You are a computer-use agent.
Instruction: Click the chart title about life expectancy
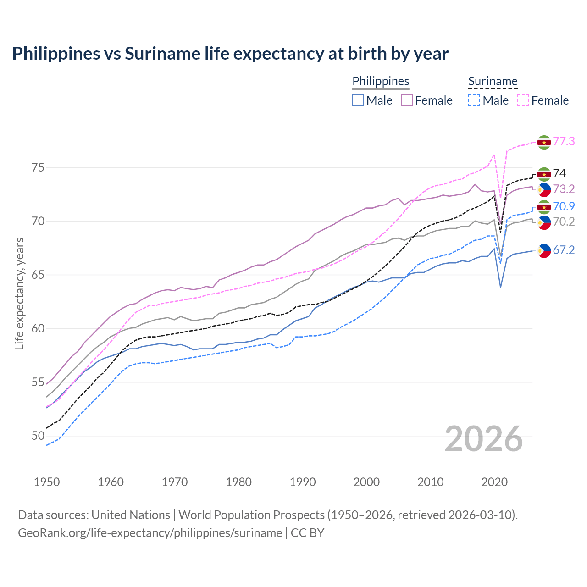(230, 54)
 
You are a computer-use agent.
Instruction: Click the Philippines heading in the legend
(381, 81)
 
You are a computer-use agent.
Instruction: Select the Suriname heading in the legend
(493, 81)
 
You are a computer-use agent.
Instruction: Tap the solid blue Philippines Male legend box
(358, 100)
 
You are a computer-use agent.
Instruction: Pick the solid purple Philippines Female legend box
(407, 100)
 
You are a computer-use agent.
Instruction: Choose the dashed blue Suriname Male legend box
(474, 100)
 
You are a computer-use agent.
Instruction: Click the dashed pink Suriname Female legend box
(523, 100)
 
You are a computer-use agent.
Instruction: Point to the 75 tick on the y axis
(38, 167)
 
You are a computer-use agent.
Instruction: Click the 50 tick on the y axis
(38, 436)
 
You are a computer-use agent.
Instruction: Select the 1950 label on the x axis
(47, 482)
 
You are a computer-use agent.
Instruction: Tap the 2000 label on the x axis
(366, 482)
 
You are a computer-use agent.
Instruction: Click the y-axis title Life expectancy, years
(20, 293)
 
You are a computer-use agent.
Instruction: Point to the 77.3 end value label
(564, 141)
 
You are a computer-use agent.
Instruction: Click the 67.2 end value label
(564, 250)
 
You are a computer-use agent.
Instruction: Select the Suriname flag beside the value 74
(544, 174)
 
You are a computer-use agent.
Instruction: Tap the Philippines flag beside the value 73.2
(544, 190)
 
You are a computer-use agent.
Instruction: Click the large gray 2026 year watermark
(484, 439)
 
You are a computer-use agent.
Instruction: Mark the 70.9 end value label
(564, 206)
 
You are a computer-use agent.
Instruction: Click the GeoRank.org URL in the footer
(150, 533)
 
